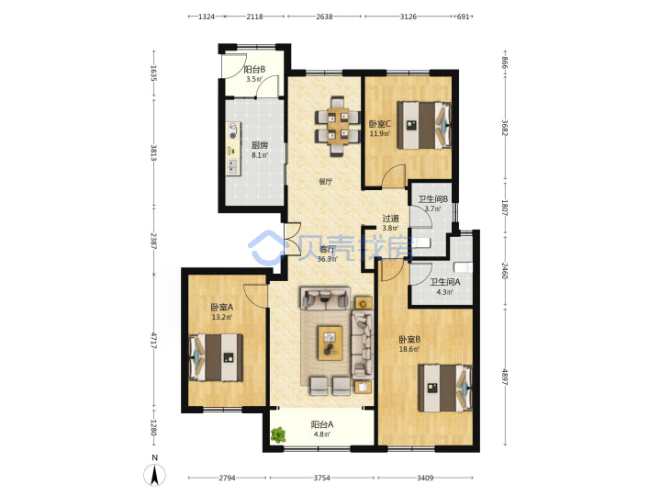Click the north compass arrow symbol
(155, 476)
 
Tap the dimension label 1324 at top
(207, 17)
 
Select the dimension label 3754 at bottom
(321, 478)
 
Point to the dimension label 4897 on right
(505, 374)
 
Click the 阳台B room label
(254, 69)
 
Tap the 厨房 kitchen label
(260, 145)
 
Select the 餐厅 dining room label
(325, 182)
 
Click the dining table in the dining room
(338, 126)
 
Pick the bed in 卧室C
(424, 125)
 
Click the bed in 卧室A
(217, 357)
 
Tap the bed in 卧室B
(445, 388)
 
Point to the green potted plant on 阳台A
(278, 434)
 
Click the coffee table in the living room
(330, 343)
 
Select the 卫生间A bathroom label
(445, 282)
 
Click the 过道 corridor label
(390, 219)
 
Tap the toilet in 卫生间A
(463, 267)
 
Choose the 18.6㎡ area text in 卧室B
(409, 349)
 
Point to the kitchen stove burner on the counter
(231, 136)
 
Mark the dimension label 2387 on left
(154, 241)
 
